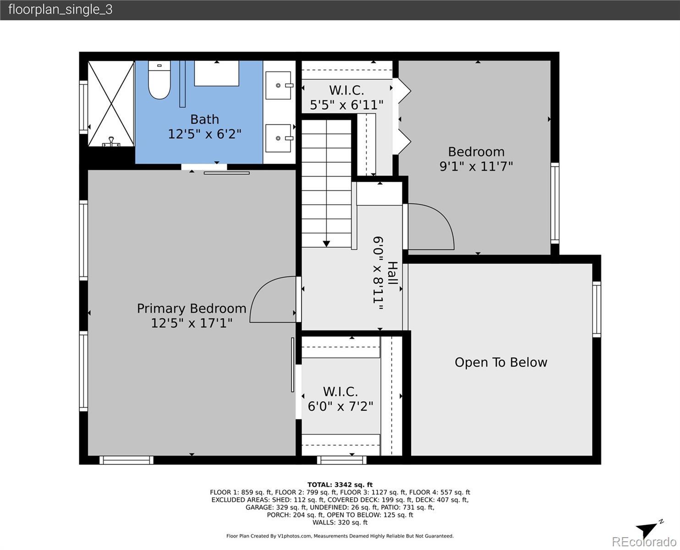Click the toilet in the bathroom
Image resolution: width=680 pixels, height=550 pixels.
[x=159, y=80]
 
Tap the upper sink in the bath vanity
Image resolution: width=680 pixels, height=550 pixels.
[x=279, y=85]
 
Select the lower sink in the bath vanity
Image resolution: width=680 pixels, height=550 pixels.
[x=279, y=138]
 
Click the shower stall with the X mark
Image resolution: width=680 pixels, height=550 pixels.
[x=111, y=104]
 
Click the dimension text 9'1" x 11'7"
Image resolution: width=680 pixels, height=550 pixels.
[x=476, y=166]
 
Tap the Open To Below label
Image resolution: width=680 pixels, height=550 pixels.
[x=501, y=362]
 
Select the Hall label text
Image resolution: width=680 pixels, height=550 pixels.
[x=392, y=273]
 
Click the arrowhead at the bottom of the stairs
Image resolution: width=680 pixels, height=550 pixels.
[x=326, y=244]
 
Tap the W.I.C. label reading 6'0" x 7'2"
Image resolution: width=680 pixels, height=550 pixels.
[x=340, y=399]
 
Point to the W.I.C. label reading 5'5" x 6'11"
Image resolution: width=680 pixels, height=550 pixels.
[x=347, y=97]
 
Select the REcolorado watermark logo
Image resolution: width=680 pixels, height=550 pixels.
[x=644, y=542]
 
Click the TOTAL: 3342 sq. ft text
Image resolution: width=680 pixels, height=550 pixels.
[x=340, y=484]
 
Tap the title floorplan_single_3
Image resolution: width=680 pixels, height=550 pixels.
[x=60, y=10]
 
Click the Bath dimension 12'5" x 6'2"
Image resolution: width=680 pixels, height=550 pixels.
[x=205, y=134]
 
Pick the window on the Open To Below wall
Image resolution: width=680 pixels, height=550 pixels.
[x=597, y=309]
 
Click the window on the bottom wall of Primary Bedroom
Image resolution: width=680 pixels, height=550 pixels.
[x=126, y=460]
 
